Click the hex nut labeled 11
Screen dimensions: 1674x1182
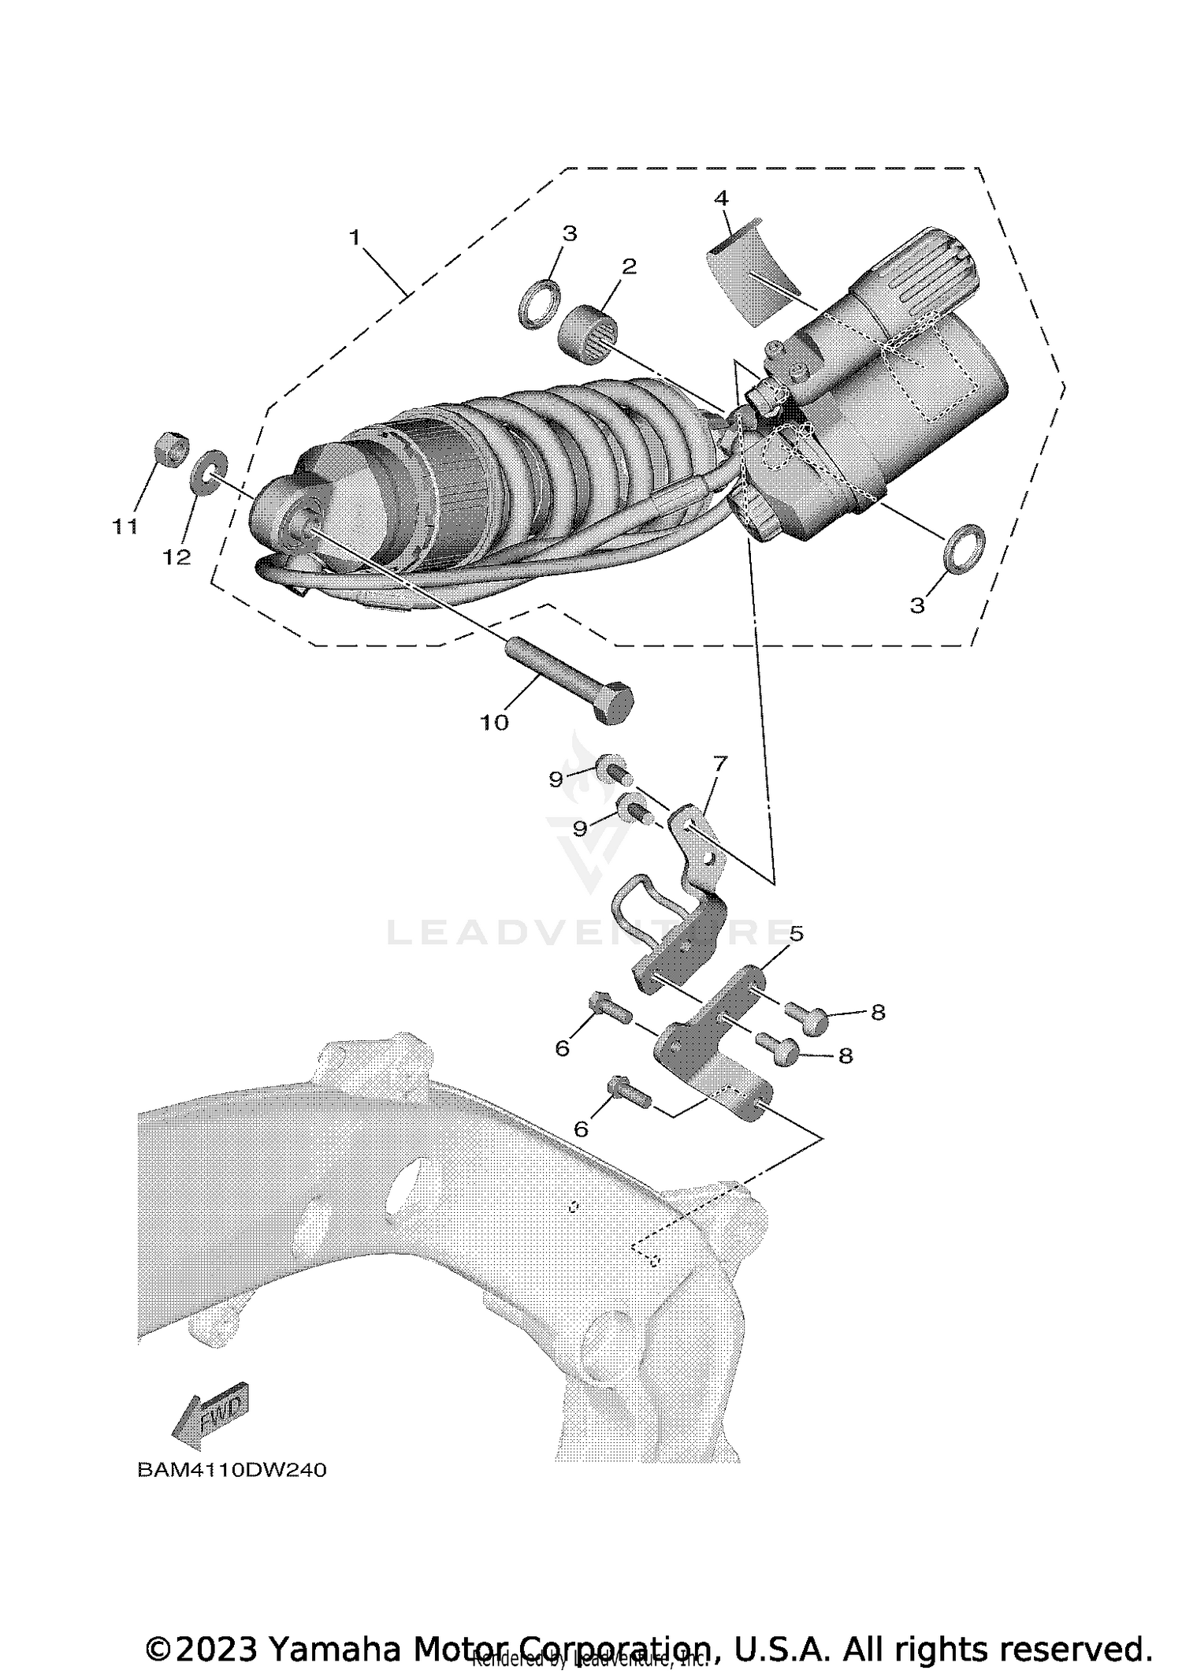pos(168,450)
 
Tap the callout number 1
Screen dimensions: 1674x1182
pos(355,236)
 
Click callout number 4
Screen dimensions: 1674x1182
pos(722,197)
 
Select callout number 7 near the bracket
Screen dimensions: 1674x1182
pos(719,762)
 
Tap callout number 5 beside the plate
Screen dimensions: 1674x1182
pos(796,934)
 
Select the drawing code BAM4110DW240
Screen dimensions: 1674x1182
pos(232,1470)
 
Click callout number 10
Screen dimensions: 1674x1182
pos(495,722)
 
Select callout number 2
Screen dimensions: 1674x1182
pos(629,266)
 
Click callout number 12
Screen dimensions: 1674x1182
pos(177,556)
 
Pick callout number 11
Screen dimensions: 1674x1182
pos(125,526)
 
